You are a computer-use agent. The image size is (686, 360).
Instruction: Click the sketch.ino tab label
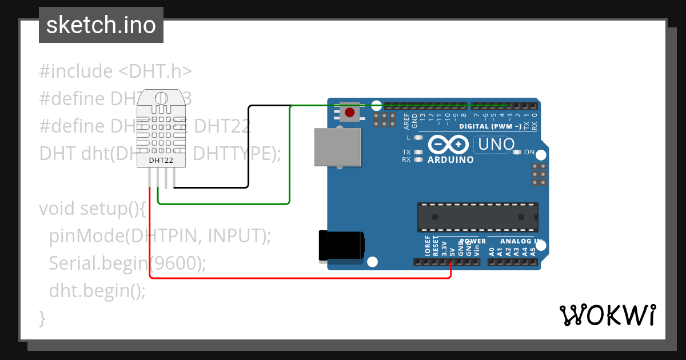pos(101,25)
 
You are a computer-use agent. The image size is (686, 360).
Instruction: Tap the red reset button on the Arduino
pos(349,112)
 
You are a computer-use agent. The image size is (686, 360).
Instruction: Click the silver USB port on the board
pos(338,147)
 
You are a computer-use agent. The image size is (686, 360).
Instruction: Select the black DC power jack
pos(341,246)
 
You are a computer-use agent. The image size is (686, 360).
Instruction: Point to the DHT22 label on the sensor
pos(161,160)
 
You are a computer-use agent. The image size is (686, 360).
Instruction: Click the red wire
pos(297,278)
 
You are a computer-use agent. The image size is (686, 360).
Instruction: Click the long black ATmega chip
pos(477,217)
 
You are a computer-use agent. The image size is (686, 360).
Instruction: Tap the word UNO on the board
pos(496,144)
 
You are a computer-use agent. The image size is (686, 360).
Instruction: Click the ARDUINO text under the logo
pos(451,160)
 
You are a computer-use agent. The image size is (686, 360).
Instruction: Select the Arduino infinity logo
pos(449,143)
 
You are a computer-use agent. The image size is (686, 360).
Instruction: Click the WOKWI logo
pos(607,314)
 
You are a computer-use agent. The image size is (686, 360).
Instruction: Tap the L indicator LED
pos(418,138)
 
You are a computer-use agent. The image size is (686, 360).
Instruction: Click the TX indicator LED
pos(418,152)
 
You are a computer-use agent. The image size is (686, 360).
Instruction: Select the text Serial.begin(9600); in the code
pos(127,263)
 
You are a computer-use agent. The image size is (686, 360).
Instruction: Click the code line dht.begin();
pos(97,291)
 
